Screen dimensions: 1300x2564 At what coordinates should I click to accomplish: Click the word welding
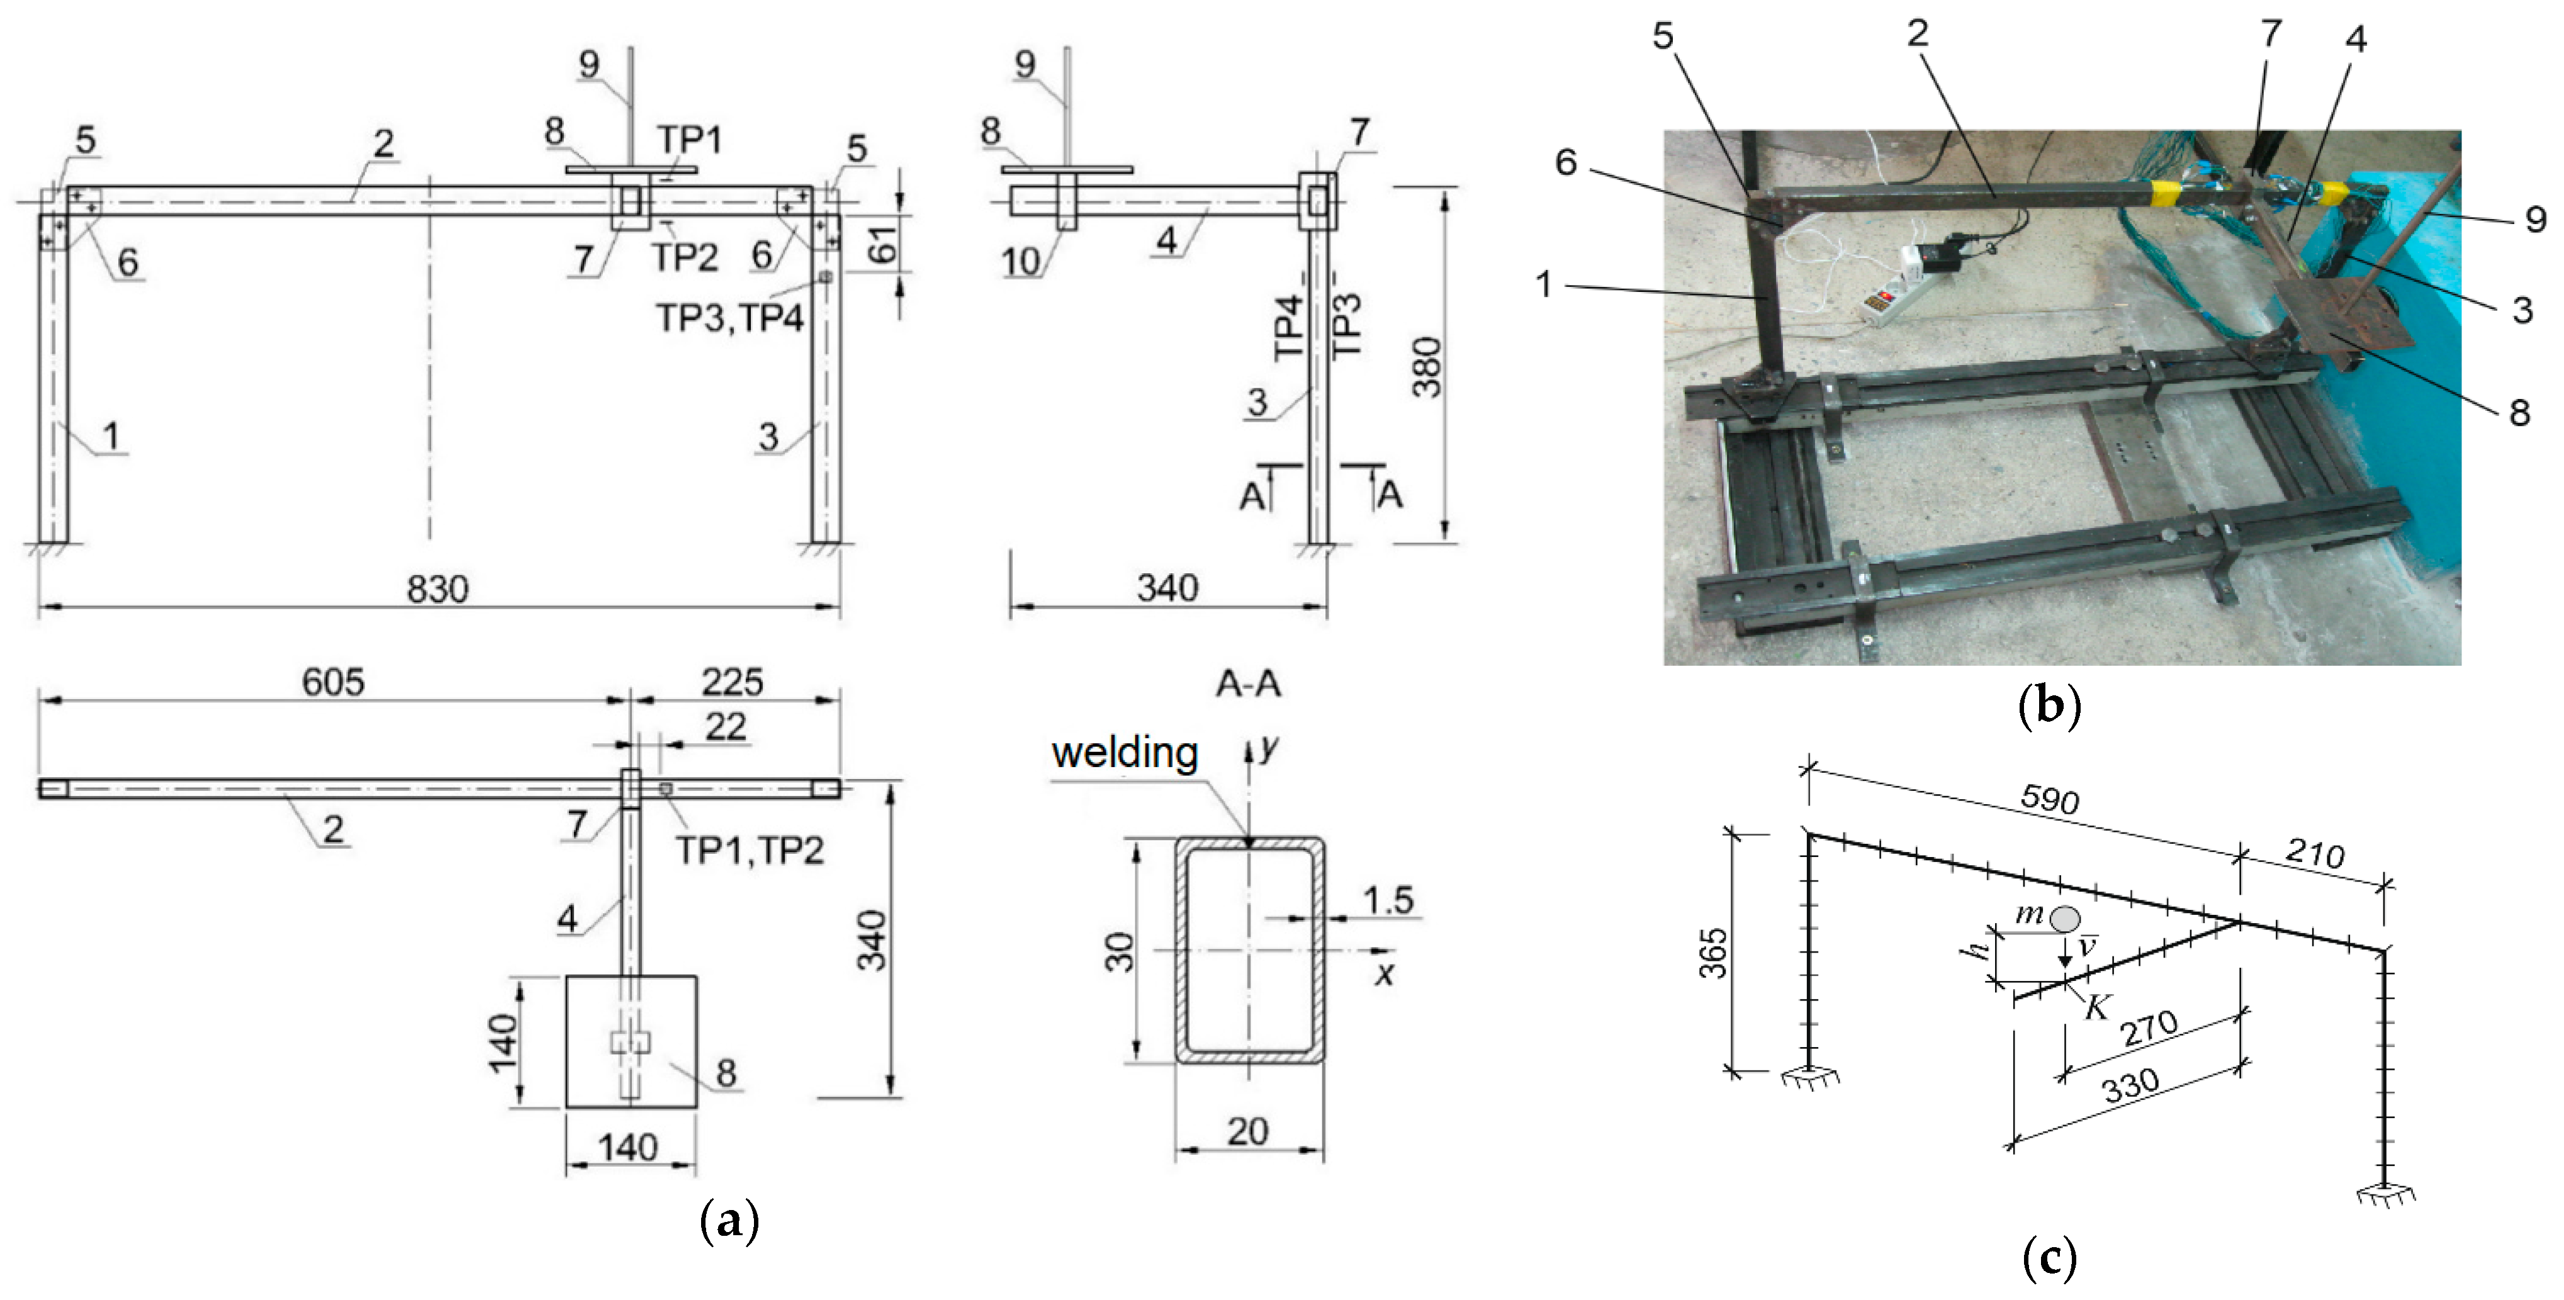1124,754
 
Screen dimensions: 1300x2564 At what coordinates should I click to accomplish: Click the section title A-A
1248,684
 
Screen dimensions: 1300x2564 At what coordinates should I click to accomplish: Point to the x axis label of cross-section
1383,973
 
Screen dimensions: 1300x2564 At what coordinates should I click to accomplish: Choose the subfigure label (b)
2049,706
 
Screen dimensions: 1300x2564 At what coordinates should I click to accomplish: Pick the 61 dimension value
883,243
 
